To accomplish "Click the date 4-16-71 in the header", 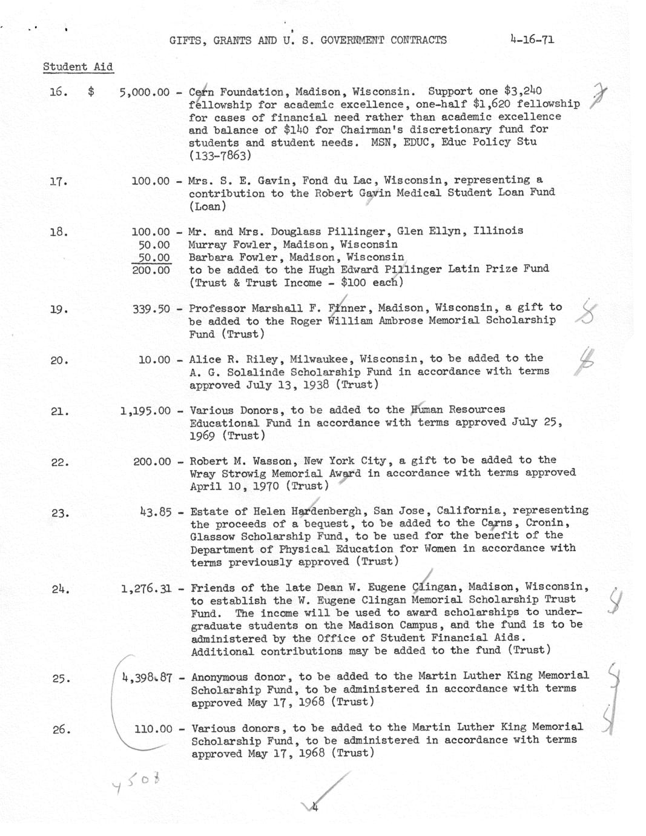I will [x=532, y=40].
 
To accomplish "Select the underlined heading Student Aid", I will [x=77, y=67].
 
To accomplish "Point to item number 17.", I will [x=58, y=181].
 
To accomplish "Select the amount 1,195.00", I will [x=145, y=411].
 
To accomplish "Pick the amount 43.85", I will [x=155, y=512].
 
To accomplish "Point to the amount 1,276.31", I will [x=146, y=588].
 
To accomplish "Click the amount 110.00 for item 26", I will [x=153, y=729].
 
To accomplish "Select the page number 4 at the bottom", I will [x=315, y=806].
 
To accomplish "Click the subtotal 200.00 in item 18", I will [x=151, y=270].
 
